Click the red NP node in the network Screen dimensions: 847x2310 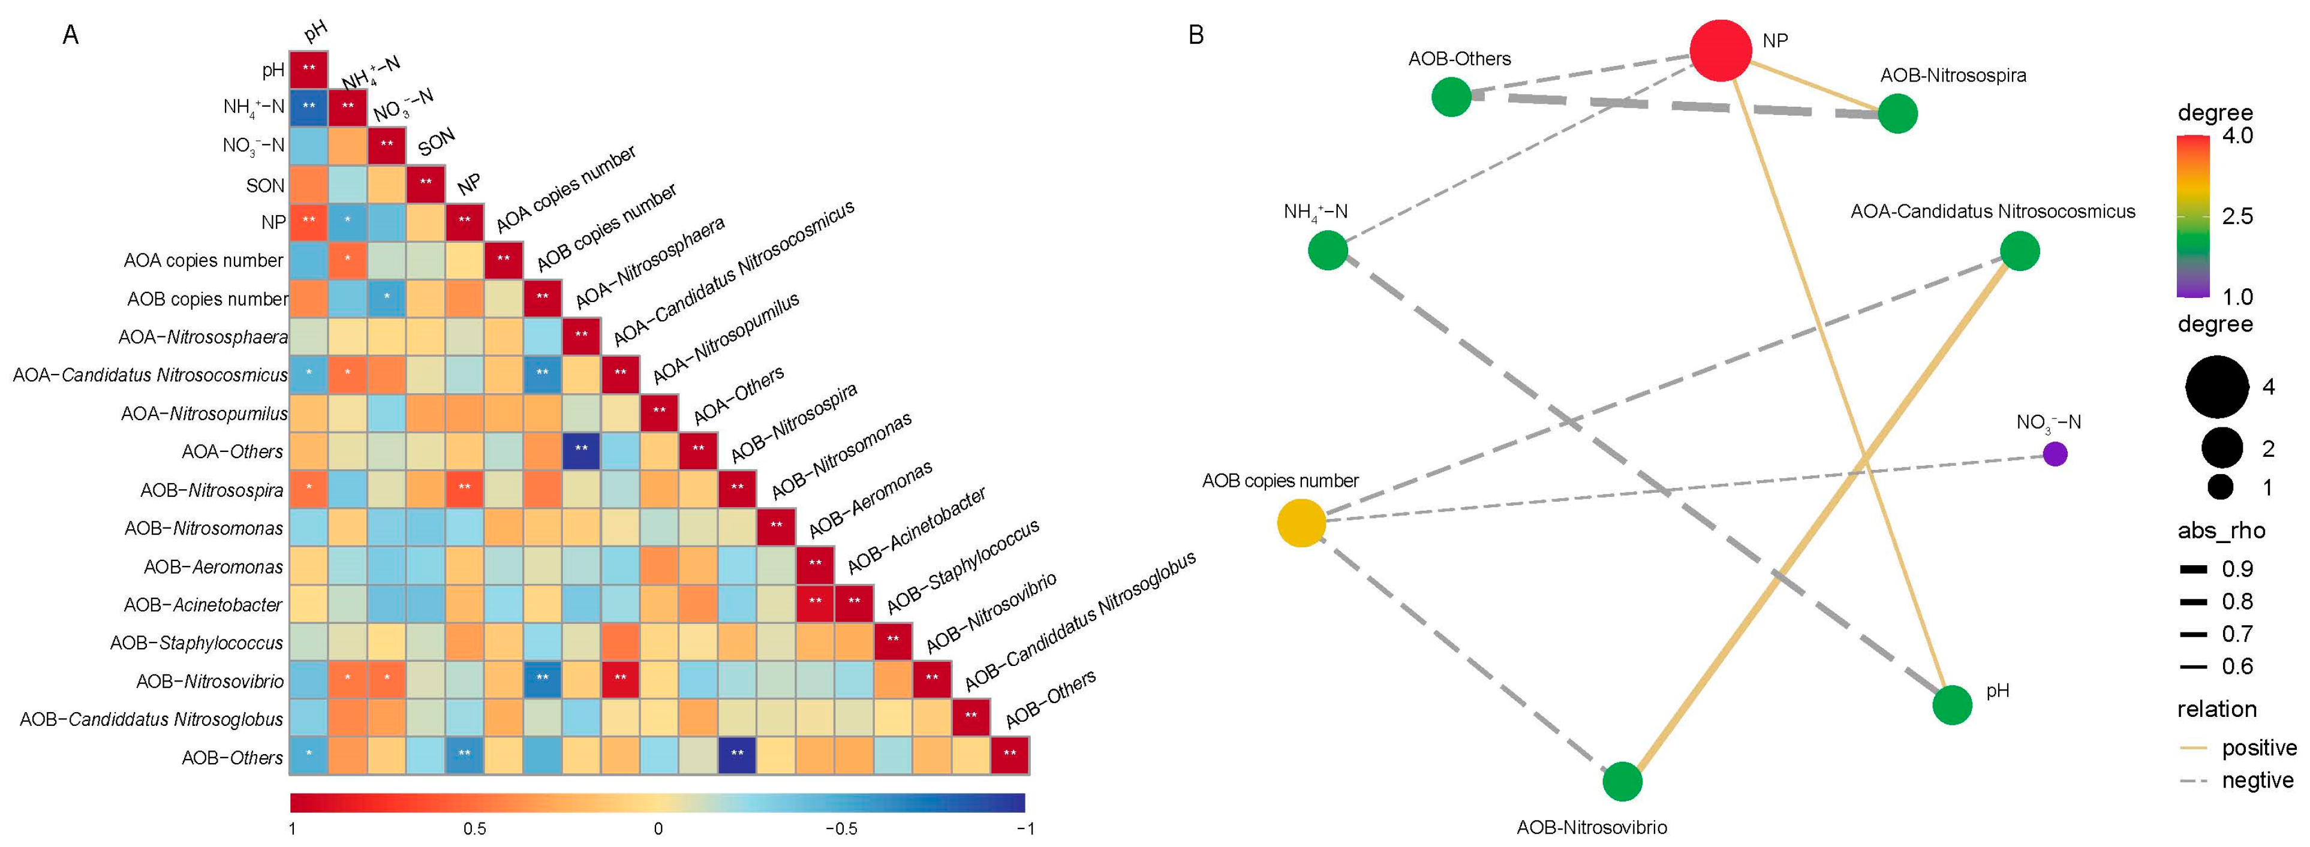click(1720, 50)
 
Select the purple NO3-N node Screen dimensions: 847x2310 click(2055, 454)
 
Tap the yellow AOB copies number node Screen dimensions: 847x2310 click(1301, 523)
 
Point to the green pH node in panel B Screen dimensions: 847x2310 click(1952, 704)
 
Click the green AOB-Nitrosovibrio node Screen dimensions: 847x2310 click(1622, 780)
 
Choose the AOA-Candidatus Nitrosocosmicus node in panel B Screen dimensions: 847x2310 click(2020, 251)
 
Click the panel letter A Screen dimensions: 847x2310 click(70, 35)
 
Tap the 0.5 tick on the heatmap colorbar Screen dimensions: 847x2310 click(474, 828)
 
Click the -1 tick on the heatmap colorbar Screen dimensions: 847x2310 click(1025, 828)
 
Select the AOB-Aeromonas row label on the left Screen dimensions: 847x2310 click(213, 566)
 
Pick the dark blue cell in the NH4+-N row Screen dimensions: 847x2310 click(308, 107)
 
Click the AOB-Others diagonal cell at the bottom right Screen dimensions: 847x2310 click(1010, 755)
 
